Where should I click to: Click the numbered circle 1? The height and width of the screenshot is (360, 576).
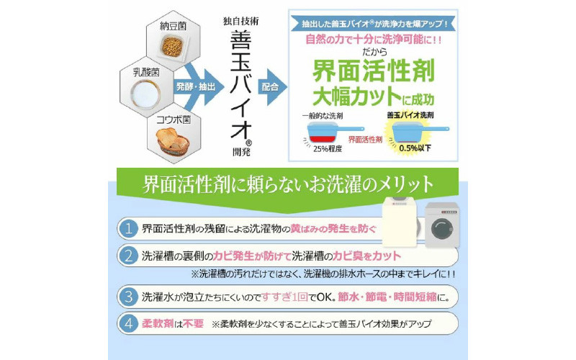127,229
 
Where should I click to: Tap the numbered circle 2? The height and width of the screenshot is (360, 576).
127,256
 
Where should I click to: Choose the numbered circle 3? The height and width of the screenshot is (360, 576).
127,296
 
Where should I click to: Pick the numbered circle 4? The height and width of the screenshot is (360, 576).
127,323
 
